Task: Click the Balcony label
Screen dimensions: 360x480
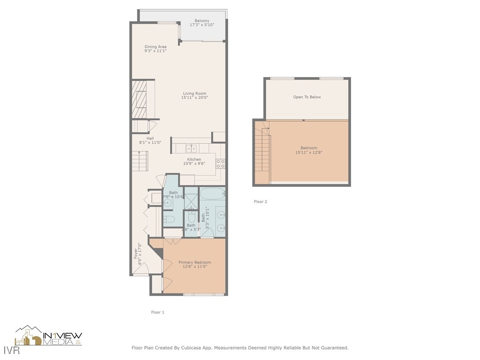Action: [x=202, y=21]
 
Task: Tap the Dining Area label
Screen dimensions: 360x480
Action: [x=155, y=47]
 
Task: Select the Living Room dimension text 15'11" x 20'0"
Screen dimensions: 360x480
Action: [x=195, y=98]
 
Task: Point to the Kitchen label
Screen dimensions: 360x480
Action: [x=194, y=159]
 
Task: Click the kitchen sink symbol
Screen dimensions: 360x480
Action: [x=191, y=149]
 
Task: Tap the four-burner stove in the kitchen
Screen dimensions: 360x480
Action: [x=220, y=164]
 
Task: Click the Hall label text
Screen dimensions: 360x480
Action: [x=150, y=138]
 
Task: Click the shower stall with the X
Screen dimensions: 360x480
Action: [x=191, y=199]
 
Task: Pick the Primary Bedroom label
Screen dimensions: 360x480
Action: [x=195, y=262]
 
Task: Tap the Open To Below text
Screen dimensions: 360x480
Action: [x=307, y=97]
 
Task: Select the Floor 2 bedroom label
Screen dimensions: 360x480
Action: [x=309, y=148]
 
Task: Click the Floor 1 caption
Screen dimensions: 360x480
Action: [x=157, y=312]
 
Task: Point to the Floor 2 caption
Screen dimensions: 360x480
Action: [x=260, y=202]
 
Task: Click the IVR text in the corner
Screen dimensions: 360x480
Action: [x=7, y=351]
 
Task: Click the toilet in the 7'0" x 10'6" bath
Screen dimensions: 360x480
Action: [x=170, y=219]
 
